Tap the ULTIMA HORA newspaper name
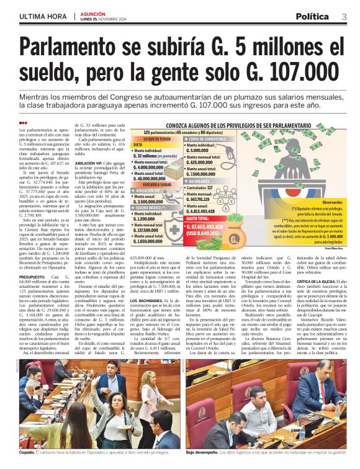[x=42, y=16]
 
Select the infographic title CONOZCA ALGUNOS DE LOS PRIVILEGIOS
[x=225, y=125]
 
